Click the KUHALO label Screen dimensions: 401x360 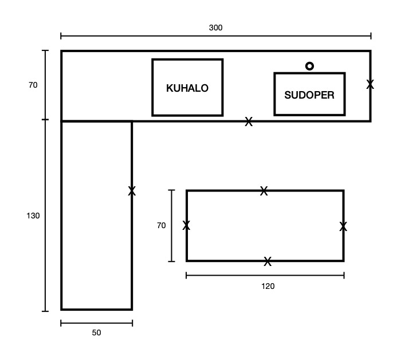pos(187,88)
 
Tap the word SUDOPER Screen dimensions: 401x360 pos(309,95)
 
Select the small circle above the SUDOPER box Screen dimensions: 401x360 pos(309,66)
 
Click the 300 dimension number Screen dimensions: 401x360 pos(215,28)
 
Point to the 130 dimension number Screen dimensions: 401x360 pos(33,216)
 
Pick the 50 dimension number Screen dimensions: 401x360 pos(96,332)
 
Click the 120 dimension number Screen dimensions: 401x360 pos(268,286)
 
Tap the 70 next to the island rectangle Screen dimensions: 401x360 pos(162,225)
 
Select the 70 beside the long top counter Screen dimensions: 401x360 pos(33,85)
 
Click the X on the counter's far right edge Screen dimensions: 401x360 pos(370,84)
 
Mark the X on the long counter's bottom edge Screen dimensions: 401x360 pos(249,122)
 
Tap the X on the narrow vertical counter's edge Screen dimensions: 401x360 pos(132,191)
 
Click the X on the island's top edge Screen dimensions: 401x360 pos(264,191)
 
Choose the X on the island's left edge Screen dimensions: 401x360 pos(186,225)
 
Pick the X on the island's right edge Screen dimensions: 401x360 pos(343,226)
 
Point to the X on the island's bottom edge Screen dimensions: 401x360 pos(268,261)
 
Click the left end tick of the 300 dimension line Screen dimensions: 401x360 pos(61,36)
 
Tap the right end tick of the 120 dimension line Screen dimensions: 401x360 pos(344,276)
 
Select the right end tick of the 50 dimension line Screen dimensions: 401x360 pos(132,323)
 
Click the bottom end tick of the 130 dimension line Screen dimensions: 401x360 pos(45,311)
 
